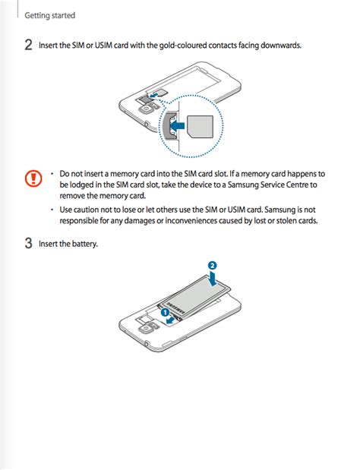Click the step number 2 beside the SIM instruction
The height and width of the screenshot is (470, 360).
tap(28, 46)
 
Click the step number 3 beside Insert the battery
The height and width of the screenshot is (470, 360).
tap(28, 244)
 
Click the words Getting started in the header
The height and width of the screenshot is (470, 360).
tap(50, 15)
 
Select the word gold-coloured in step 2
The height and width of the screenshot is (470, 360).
tap(183, 46)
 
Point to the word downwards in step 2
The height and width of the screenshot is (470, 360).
tap(281, 46)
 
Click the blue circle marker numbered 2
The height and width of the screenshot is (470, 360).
tap(213, 266)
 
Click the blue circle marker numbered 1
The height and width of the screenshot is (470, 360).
tap(164, 311)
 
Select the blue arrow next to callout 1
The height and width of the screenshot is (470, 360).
tap(174, 320)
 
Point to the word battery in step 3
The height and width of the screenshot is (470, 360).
tap(84, 244)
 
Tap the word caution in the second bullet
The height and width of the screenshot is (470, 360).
tap(88, 210)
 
